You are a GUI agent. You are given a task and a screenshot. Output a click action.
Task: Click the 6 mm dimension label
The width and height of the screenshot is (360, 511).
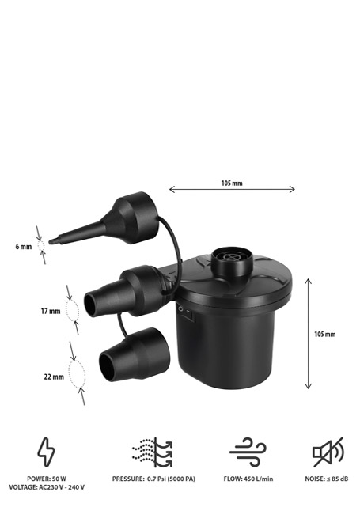coord(24,247)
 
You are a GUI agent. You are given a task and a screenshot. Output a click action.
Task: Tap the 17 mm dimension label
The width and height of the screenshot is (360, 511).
coord(51,311)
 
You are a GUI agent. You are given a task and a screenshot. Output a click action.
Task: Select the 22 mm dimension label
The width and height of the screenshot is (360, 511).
coord(54,377)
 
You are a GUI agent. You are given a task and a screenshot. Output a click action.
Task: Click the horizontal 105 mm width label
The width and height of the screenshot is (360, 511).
coord(232,184)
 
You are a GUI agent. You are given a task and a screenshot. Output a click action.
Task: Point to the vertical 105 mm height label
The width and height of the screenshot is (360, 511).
coord(324,335)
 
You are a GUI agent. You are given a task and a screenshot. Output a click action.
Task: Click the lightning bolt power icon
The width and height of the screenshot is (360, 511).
coord(46,452)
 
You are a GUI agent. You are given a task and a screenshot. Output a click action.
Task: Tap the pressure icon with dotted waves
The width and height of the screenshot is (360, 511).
coord(152,452)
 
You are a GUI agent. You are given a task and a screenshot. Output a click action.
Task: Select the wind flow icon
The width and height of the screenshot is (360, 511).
coord(248,452)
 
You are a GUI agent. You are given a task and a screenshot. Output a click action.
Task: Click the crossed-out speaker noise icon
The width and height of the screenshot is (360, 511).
coord(328,452)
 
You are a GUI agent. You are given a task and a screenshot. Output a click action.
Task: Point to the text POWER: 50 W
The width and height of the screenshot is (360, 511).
coord(47,479)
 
